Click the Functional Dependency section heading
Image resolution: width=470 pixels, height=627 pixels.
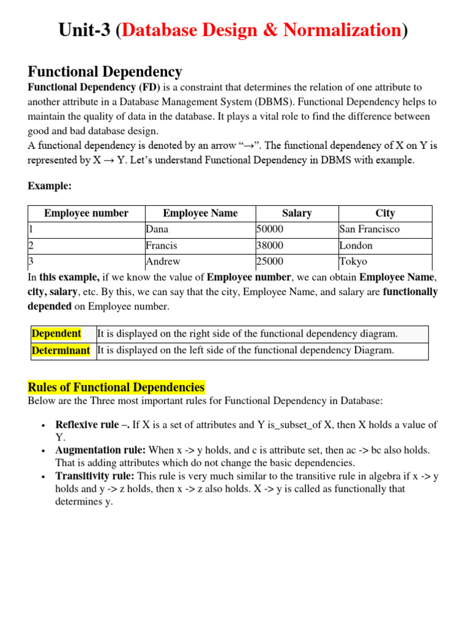tap(105, 72)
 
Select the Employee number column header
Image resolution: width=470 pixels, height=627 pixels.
tap(86, 213)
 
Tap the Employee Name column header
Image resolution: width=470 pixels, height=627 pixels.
tap(200, 213)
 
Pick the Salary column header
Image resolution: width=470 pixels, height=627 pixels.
tap(297, 213)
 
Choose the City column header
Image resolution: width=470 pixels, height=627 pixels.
tap(385, 213)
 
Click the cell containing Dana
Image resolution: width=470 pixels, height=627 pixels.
tap(157, 229)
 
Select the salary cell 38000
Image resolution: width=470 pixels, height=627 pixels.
tap(270, 246)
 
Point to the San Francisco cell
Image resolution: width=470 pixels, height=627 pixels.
tap(370, 229)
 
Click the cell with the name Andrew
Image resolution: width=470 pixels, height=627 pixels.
tap(163, 261)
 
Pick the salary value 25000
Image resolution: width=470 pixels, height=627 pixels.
tap(270, 261)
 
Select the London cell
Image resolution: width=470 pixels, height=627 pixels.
tap(356, 246)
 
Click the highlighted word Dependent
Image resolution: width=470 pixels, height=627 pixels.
tap(56, 334)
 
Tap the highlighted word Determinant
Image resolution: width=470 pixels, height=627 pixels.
tap(61, 350)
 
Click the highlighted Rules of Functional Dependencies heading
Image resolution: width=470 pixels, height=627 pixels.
tap(116, 388)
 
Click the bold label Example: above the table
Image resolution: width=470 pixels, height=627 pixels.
tap(50, 186)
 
